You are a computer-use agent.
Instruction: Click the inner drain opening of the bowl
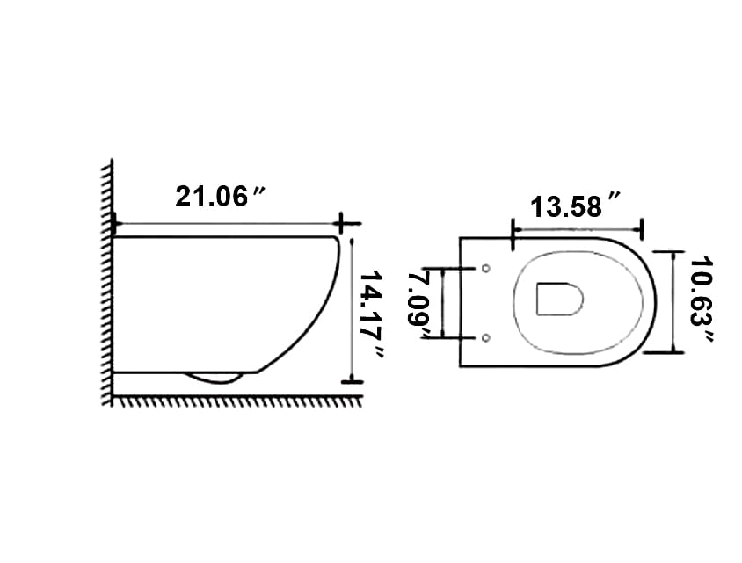point(558,300)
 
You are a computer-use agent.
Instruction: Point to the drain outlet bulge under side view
point(214,379)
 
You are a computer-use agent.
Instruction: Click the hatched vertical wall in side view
point(107,281)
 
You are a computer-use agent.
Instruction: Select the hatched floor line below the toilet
point(237,401)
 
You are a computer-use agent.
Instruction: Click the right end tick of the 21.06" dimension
point(343,223)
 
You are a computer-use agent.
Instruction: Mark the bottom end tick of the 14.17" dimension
point(352,381)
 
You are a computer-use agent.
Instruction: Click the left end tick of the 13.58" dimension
point(512,230)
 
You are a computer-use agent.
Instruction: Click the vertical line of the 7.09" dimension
point(442,303)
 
